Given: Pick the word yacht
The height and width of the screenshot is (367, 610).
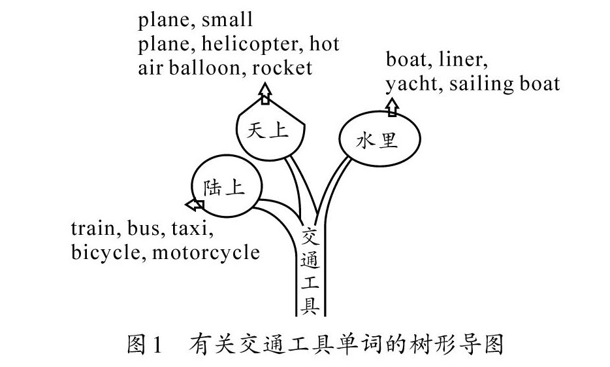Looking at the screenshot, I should click(411, 84).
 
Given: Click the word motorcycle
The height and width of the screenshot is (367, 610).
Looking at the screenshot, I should click(206, 253).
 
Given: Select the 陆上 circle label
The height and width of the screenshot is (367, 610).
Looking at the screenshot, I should click(223, 188).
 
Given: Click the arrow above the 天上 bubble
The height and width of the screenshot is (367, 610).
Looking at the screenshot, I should click(265, 94).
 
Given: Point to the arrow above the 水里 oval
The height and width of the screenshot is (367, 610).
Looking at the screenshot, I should click(391, 107).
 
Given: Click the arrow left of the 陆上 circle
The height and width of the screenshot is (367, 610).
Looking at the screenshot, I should click(195, 205).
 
